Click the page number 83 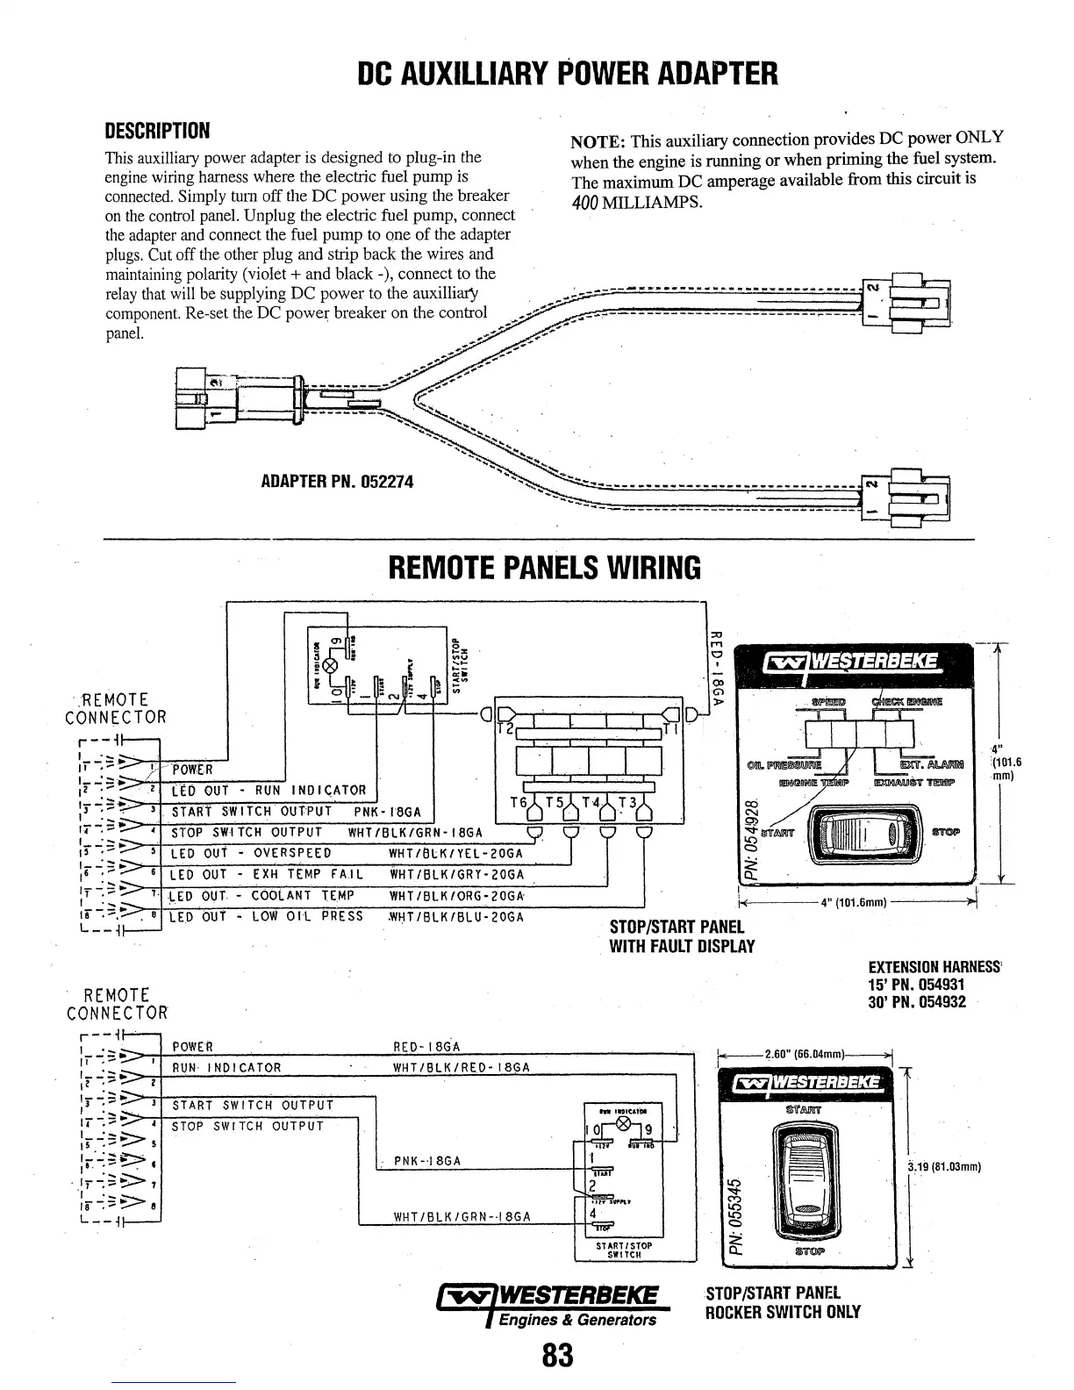(557, 1355)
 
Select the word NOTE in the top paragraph (597, 141)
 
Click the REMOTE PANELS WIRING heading (544, 569)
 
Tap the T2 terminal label (505, 728)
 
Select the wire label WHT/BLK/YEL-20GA (455, 854)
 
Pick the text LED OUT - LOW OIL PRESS (267, 917)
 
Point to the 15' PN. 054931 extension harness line (917, 985)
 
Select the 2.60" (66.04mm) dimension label (805, 1053)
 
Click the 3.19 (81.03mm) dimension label (946, 1167)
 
